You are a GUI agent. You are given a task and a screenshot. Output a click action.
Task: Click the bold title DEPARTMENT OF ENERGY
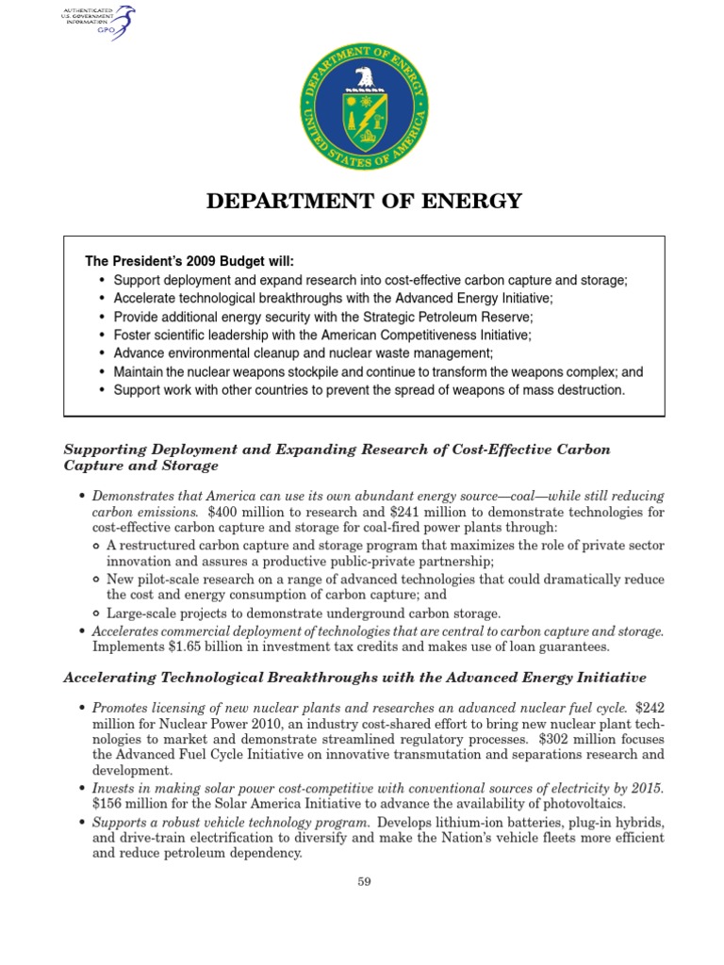363,201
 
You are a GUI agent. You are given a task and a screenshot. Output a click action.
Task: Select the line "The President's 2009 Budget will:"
196,261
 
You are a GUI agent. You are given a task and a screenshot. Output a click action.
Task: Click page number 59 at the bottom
363,881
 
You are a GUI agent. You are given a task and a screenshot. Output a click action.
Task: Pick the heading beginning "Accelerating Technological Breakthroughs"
354,677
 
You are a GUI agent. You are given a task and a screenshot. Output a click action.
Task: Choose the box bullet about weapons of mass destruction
369,389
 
